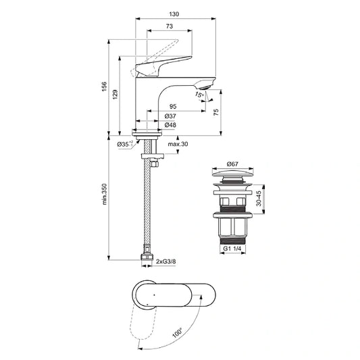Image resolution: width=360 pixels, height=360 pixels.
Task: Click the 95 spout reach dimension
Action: (x=172, y=107)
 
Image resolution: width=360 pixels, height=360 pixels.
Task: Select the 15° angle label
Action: (x=199, y=96)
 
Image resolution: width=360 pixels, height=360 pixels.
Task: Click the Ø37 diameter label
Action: (x=170, y=117)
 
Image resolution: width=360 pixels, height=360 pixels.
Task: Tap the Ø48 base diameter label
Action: (x=170, y=126)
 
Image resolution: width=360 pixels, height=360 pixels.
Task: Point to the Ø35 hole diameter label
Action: (x=123, y=145)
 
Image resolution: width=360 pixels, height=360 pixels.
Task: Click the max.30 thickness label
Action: (x=179, y=145)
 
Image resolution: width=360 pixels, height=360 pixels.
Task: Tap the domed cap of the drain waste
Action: (x=233, y=177)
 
